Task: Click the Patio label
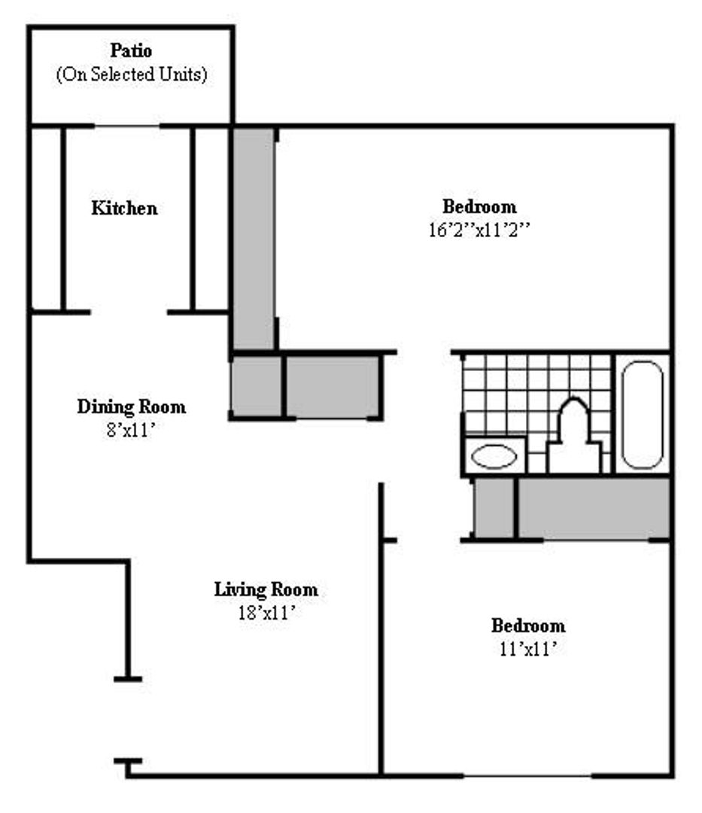pos(131,52)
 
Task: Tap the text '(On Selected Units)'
pos(131,76)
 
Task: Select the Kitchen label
pos(124,209)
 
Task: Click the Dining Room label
pos(131,407)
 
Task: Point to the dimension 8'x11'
pos(131,431)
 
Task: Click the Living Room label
pos(266,589)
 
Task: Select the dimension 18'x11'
pos(266,613)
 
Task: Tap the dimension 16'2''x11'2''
pos(479,230)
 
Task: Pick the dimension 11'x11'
pos(528,649)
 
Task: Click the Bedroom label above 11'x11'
pos(528,626)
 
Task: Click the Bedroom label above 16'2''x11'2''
pos(479,206)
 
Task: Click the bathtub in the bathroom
pos(643,414)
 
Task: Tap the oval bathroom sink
pos(494,456)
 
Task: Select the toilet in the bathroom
pos(573,440)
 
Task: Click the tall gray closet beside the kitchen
pos(253,237)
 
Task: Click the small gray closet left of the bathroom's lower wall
pos(493,508)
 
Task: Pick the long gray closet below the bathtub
pos(594,508)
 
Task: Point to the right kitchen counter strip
pos(211,218)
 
